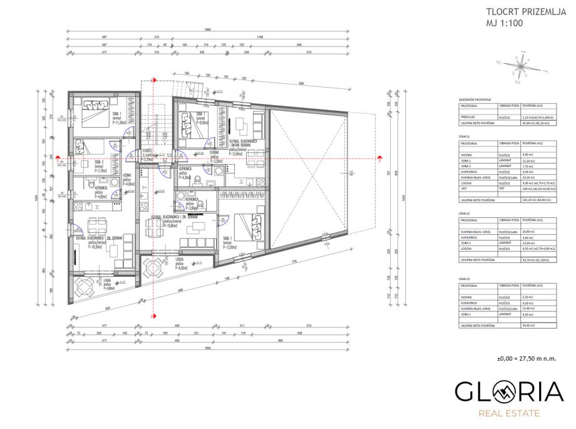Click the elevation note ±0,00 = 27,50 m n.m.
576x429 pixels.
click(x=525, y=358)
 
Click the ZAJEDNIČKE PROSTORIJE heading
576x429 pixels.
click(x=475, y=100)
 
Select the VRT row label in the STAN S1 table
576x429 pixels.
click(x=464, y=188)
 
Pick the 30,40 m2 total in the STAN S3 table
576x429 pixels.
click(x=530, y=326)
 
